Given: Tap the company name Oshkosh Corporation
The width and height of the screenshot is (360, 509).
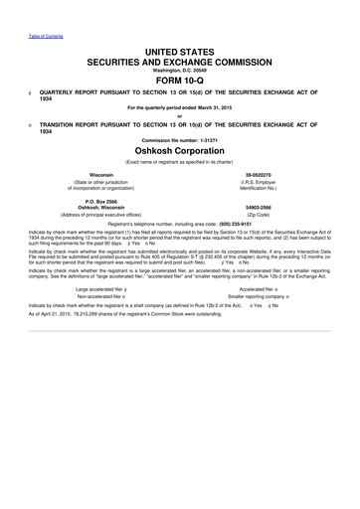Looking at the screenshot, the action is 180,177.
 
